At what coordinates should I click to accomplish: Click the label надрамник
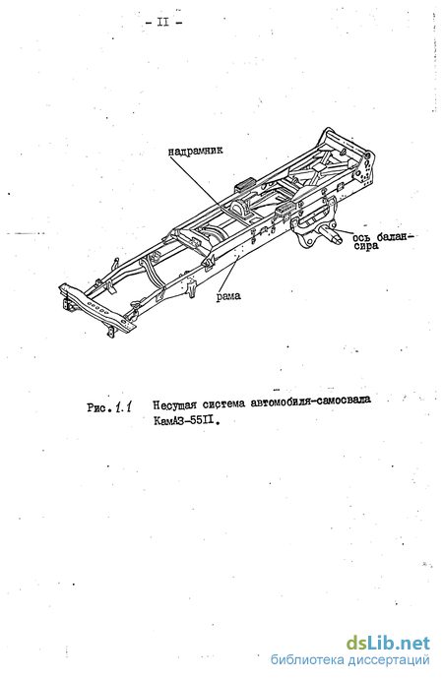coord(195,151)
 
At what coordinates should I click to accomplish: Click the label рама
coord(228,296)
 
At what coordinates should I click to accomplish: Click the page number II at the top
coord(163,22)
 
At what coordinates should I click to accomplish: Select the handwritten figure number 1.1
coord(124,407)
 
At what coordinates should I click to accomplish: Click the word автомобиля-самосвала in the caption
coord(310,402)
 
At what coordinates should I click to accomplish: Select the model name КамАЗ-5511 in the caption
coord(183,420)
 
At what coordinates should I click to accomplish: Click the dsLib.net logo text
coord(388,644)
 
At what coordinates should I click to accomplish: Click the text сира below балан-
coord(366,246)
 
